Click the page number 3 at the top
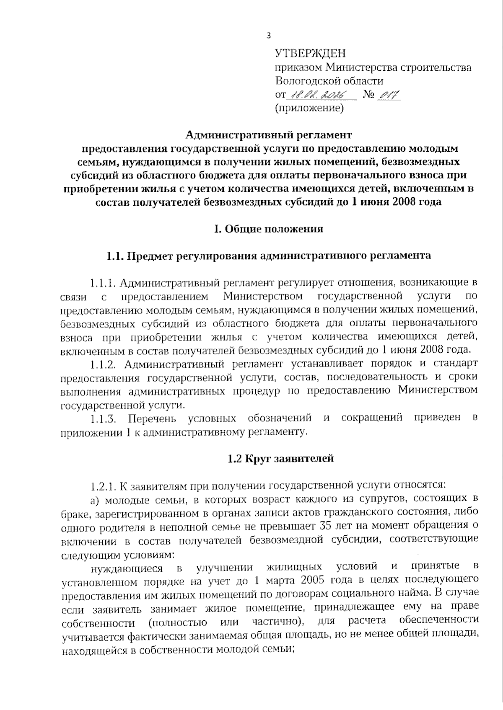(x=269, y=36)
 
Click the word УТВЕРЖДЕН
(x=311, y=53)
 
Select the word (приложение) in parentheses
(x=309, y=108)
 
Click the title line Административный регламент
(x=269, y=135)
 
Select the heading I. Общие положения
(x=269, y=229)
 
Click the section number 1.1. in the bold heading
(x=116, y=256)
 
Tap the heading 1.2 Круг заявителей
(x=269, y=458)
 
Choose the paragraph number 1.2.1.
(x=103, y=486)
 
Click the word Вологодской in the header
(x=310, y=81)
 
